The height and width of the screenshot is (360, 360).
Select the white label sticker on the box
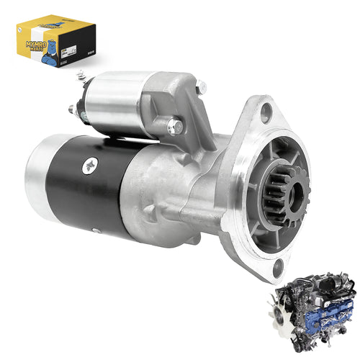(71, 49)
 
